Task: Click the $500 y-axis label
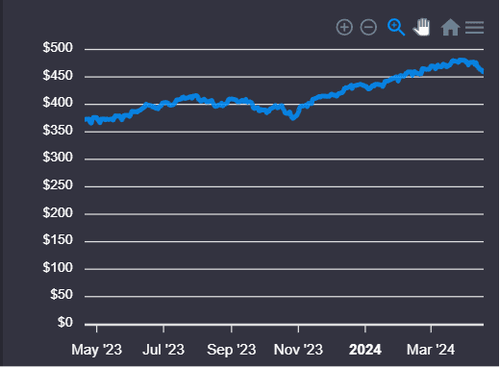pos(60,48)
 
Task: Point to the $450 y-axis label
pos(60,76)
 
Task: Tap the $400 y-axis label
pos(60,103)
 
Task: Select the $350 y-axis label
pos(60,131)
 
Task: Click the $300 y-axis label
pos(60,158)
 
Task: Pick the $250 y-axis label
pos(60,185)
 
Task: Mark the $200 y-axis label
pos(60,212)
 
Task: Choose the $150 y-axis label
pos(60,240)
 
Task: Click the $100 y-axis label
pos(60,267)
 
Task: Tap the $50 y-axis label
pos(63,295)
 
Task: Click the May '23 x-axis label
pos(97,350)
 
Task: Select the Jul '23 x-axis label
pos(163,350)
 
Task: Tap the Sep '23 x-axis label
pos(231,350)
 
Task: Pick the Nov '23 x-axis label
pos(298,350)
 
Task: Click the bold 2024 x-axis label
pos(365,350)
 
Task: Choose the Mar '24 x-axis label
pos(430,350)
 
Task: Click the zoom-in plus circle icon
pos(344,27)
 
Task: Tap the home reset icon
pos(450,27)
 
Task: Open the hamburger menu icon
pos(474,27)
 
